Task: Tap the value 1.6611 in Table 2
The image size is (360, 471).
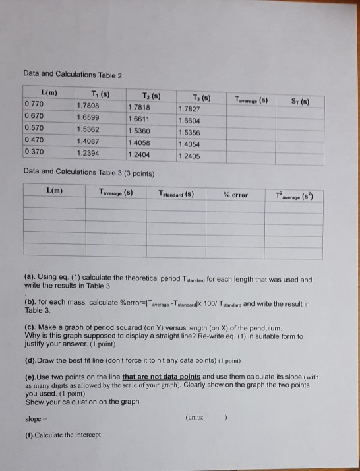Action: point(140,117)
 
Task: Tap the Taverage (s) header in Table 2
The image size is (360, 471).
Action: point(247,98)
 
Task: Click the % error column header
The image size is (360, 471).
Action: point(235,195)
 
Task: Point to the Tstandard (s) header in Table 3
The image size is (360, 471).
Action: point(177,193)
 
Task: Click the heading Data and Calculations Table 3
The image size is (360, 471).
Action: point(88,173)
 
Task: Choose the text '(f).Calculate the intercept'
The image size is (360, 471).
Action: point(61,435)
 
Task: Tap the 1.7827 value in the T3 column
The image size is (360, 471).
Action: point(192,108)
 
